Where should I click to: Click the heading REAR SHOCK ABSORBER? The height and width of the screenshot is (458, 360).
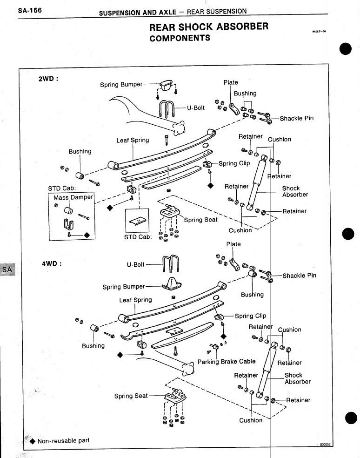pyautogui.click(x=208, y=26)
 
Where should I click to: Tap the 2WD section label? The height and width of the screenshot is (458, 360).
pyautogui.click(x=48, y=79)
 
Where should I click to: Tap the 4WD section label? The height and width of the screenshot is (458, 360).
pyautogui.click(x=52, y=263)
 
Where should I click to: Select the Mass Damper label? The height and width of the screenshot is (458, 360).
pyautogui.click(x=73, y=197)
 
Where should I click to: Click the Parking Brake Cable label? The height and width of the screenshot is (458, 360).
pyautogui.click(x=227, y=361)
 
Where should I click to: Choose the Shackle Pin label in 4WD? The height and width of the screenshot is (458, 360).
pyautogui.click(x=299, y=276)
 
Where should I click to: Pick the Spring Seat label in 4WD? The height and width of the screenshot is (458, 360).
pyautogui.click(x=131, y=396)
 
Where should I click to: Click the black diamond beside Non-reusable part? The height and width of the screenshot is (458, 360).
pyautogui.click(x=33, y=441)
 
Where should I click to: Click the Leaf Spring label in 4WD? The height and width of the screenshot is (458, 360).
pyautogui.click(x=135, y=300)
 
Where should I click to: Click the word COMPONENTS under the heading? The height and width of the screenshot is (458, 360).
pyautogui.click(x=180, y=38)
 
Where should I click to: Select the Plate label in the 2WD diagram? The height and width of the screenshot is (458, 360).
pyautogui.click(x=231, y=82)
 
